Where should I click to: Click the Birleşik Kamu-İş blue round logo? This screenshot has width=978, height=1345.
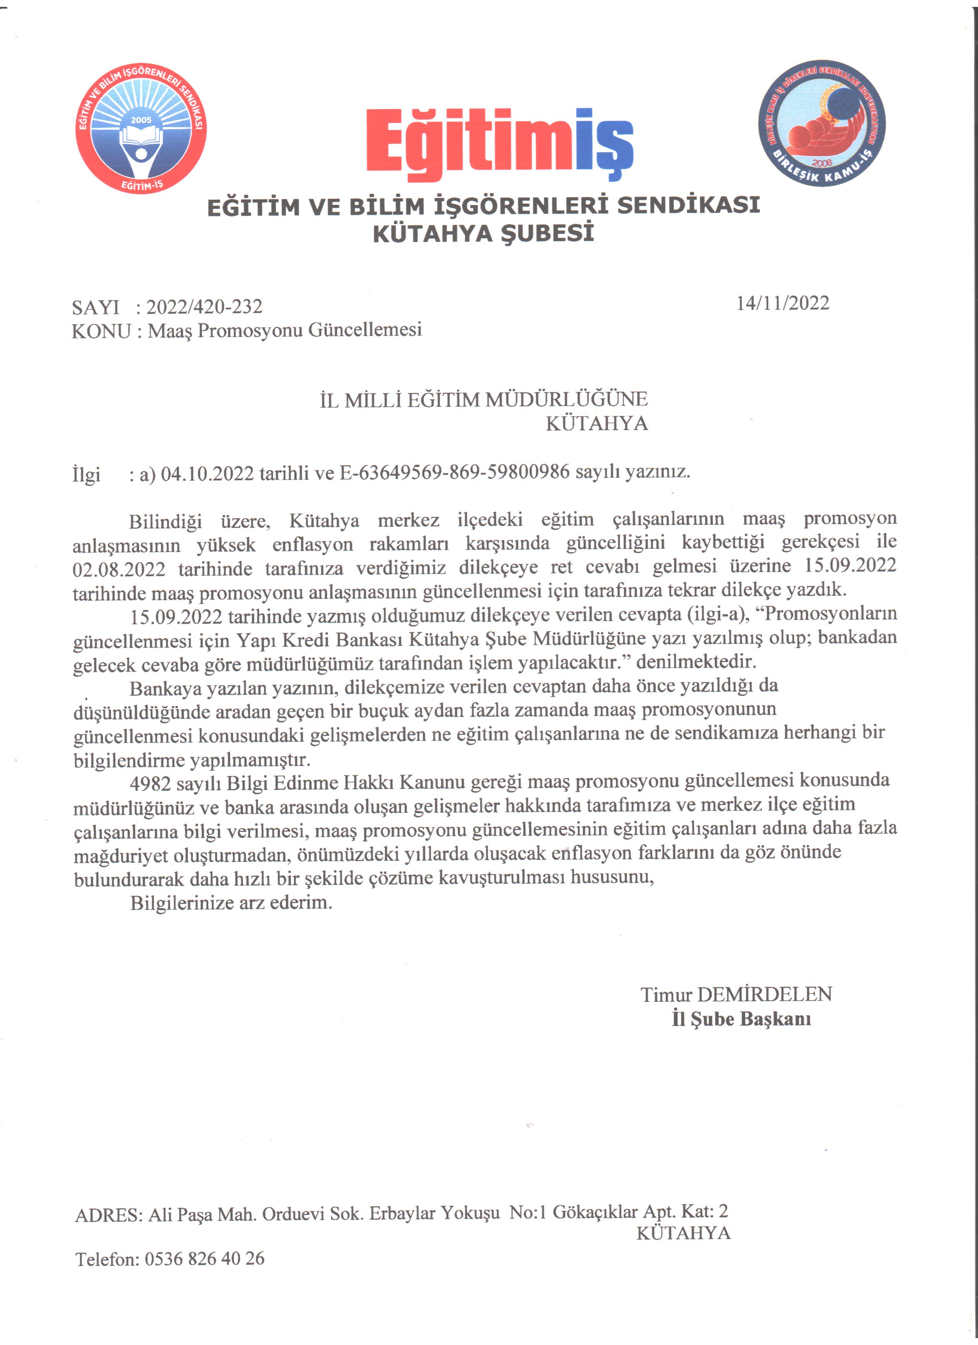[x=822, y=123]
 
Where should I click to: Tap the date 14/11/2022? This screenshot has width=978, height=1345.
[x=782, y=303]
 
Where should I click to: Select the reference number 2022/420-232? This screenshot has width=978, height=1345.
[x=204, y=307]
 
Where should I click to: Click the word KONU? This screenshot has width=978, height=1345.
[x=101, y=331]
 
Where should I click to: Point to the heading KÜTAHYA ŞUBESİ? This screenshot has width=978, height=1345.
[x=483, y=233]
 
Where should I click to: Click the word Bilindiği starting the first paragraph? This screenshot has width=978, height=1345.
[x=165, y=522]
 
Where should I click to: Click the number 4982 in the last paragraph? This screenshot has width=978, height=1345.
[x=150, y=783]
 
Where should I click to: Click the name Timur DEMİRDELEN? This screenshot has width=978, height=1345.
[x=736, y=995]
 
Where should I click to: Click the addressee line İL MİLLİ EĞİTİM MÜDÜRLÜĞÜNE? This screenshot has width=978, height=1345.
[x=483, y=400]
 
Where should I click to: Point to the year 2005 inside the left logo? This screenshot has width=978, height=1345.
[x=141, y=120]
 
